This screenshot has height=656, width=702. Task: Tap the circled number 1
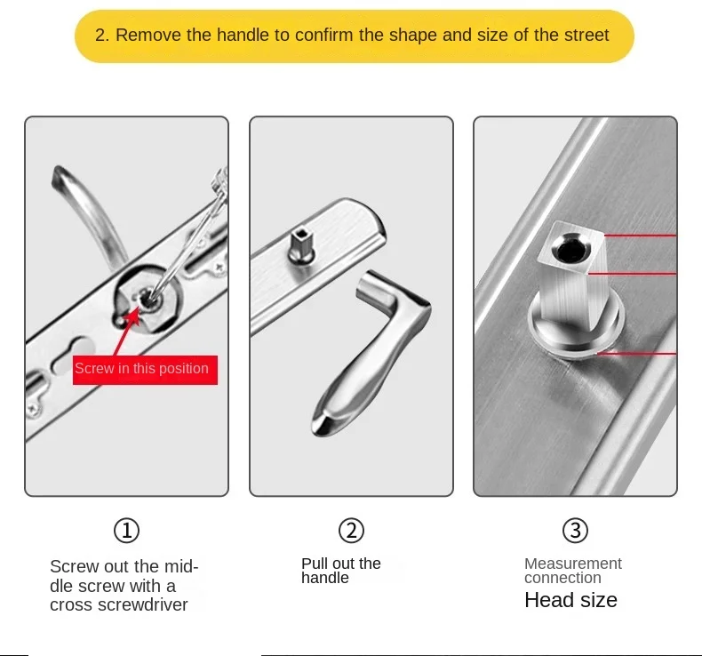click(127, 531)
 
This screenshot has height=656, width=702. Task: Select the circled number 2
click(352, 531)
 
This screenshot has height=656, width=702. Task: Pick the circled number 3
click(575, 531)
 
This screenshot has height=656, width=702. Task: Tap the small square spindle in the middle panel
click(301, 245)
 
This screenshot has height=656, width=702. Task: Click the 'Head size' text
click(570, 600)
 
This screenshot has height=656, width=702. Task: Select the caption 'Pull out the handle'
click(340, 571)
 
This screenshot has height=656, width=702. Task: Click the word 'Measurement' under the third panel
click(573, 564)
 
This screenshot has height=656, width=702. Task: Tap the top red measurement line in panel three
click(640, 235)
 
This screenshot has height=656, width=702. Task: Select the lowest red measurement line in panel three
click(637, 354)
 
